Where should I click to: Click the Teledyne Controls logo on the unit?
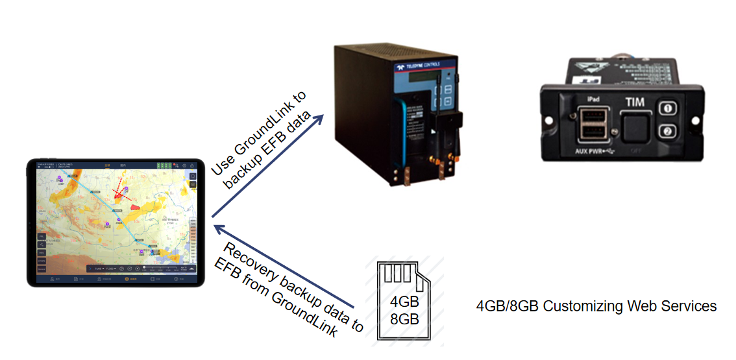tap(418, 65)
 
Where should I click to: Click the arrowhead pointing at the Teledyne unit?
tap(319, 119)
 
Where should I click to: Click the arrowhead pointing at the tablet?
tap(219, 228)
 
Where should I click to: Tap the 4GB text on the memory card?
tap(404, 303)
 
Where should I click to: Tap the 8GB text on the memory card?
tap(404, 319)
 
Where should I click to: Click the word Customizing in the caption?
tap(576, 306)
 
